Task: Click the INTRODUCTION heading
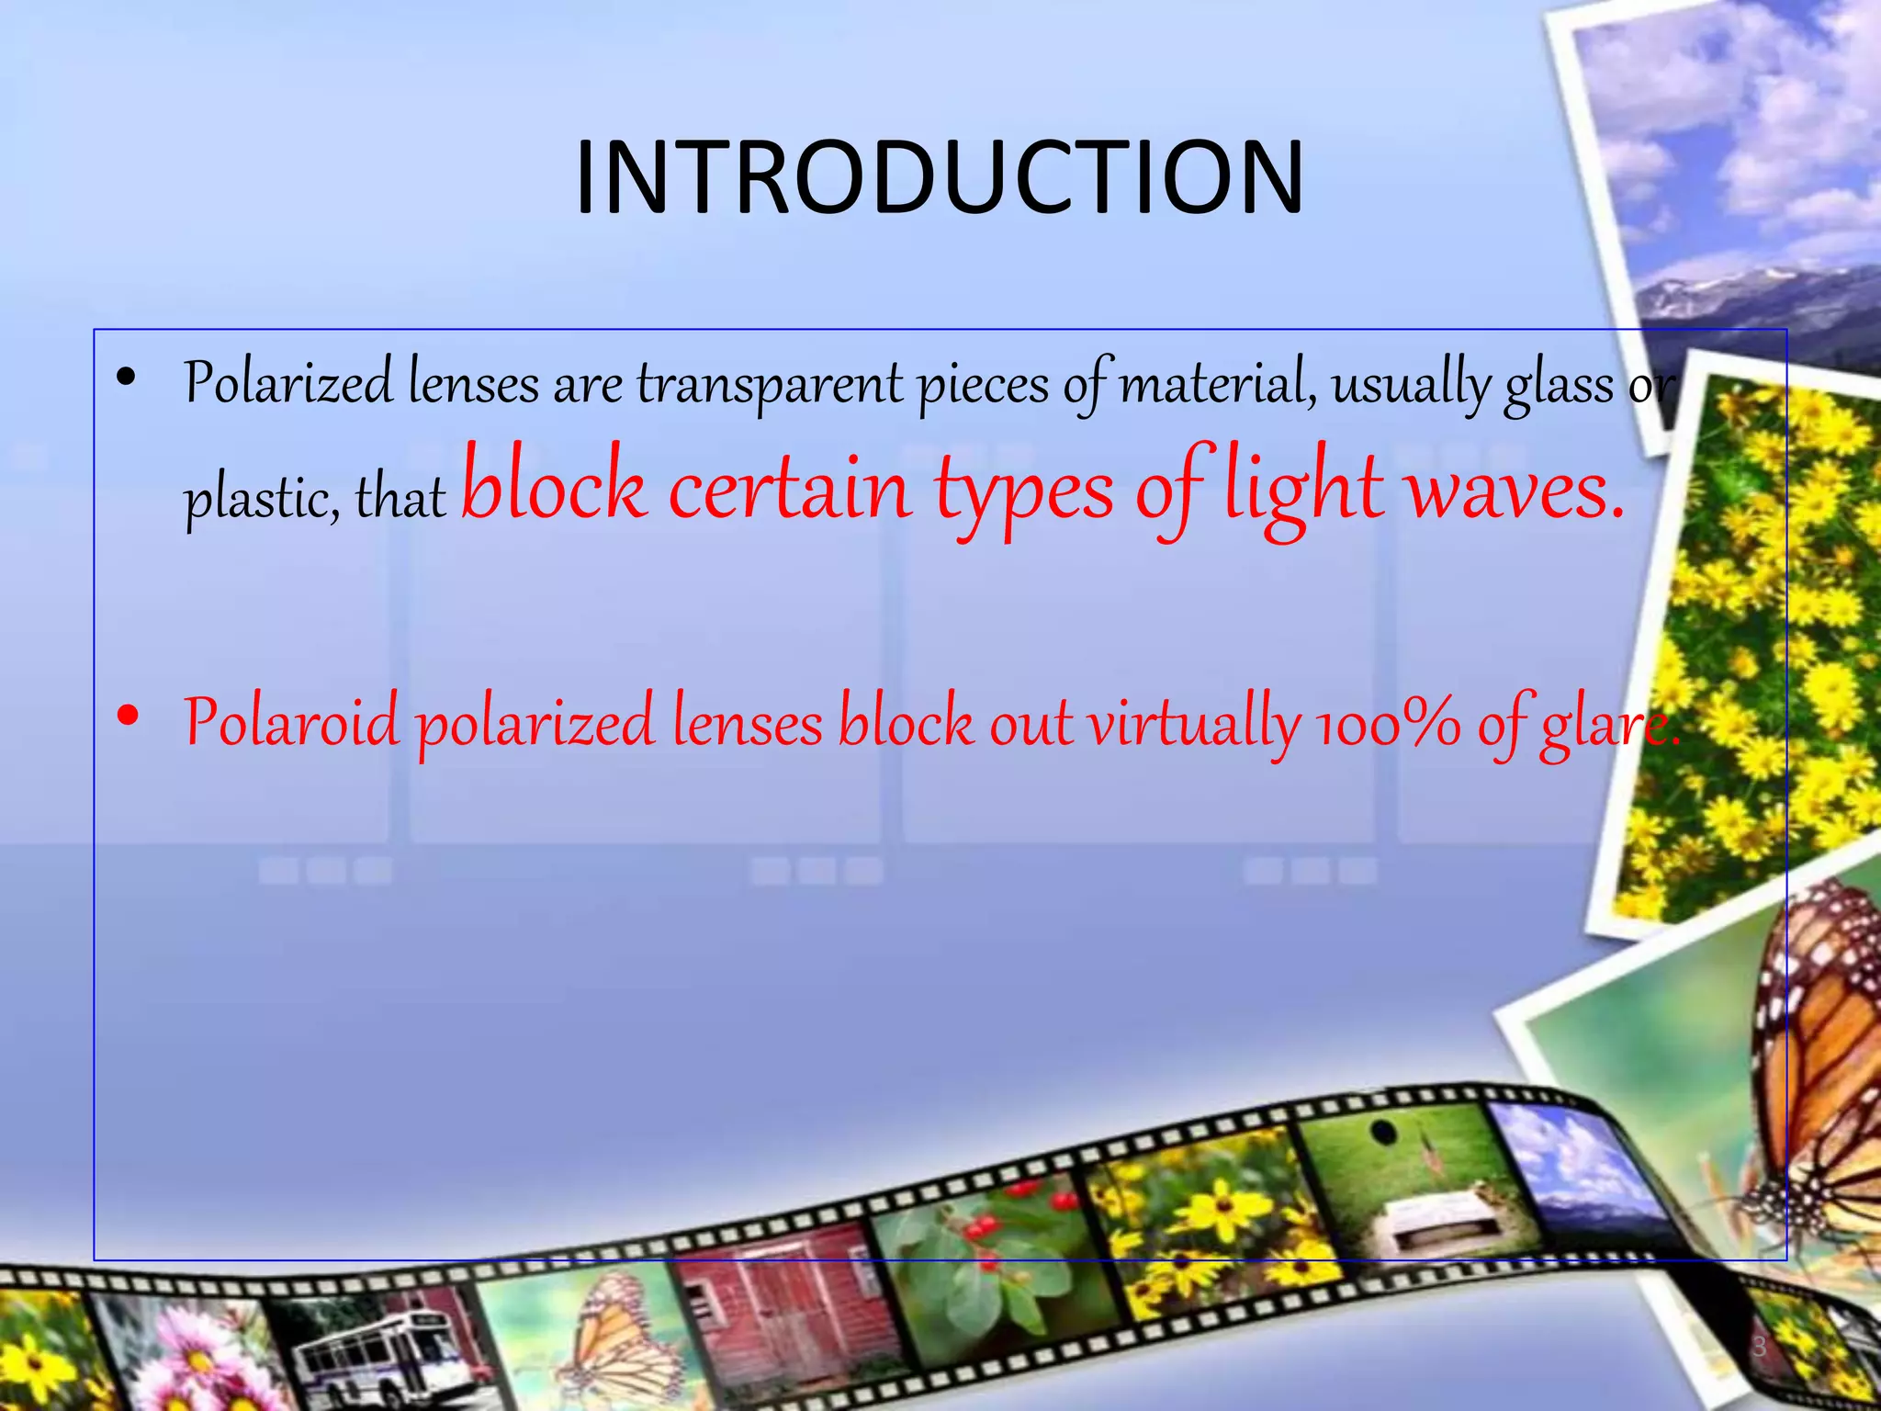tap(939, 178)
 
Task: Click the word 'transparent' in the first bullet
tap(770, 384)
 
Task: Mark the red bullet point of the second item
tap(128, 716)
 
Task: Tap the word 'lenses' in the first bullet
tap(474, 384)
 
